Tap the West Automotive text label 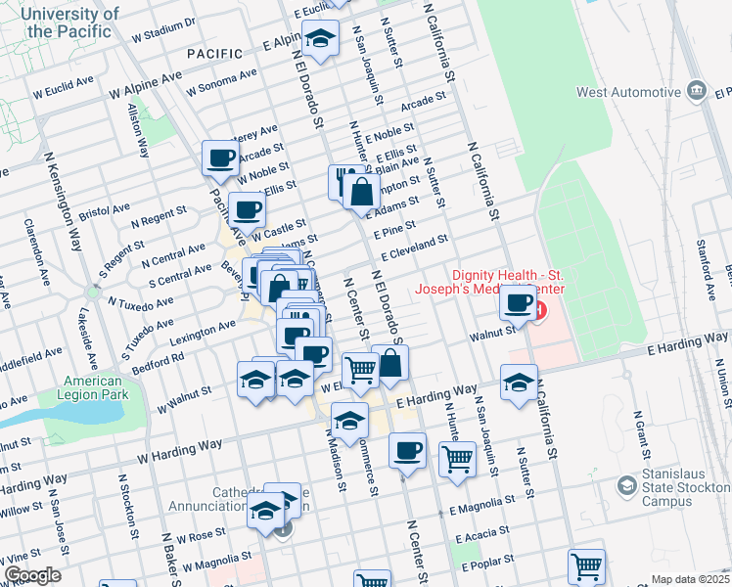pos(628,93)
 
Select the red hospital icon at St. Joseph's pos(540,310)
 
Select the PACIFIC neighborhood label pos(214,52)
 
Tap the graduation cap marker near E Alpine pos(320,40)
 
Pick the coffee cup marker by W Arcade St pos(220,158)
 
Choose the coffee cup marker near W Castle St pos(246,208)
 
